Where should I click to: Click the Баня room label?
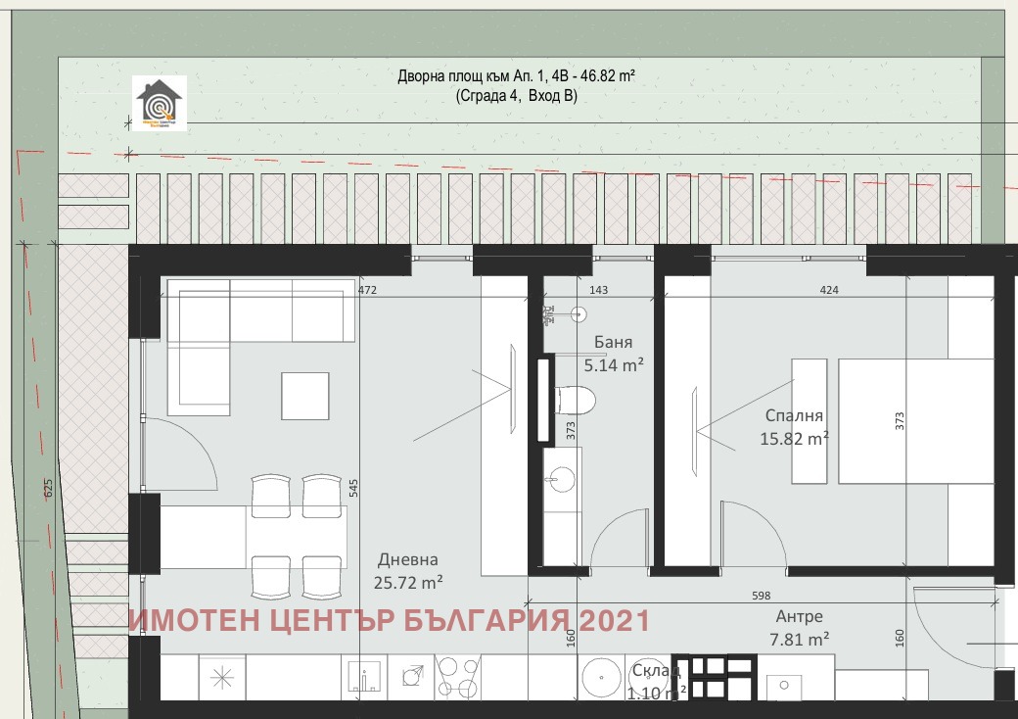[x=614, y=343]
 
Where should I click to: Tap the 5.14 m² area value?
[x=614, y=365]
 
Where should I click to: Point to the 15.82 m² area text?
[x=794, y=439]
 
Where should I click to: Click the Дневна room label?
[x=408, y=559]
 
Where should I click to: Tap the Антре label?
[x=799, y=616]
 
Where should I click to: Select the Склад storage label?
[x=651, y=671]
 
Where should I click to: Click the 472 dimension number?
[x=367, y=291]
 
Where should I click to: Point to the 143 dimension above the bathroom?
[x=599, y=291]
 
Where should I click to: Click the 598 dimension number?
[x=761, y=596]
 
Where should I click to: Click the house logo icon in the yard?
[x=159, y=105]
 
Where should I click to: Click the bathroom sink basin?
[x=562, y=479]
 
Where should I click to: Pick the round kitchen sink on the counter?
[x=597, y=678]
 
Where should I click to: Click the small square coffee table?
[x=305, y=396]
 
